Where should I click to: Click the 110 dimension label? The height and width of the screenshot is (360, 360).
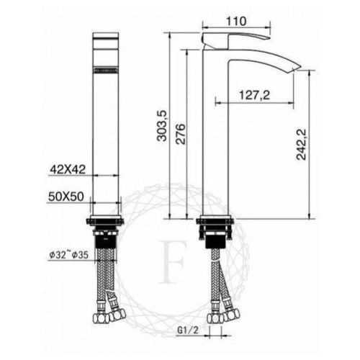(232, 21)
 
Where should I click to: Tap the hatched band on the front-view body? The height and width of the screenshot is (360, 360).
(105, 70)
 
